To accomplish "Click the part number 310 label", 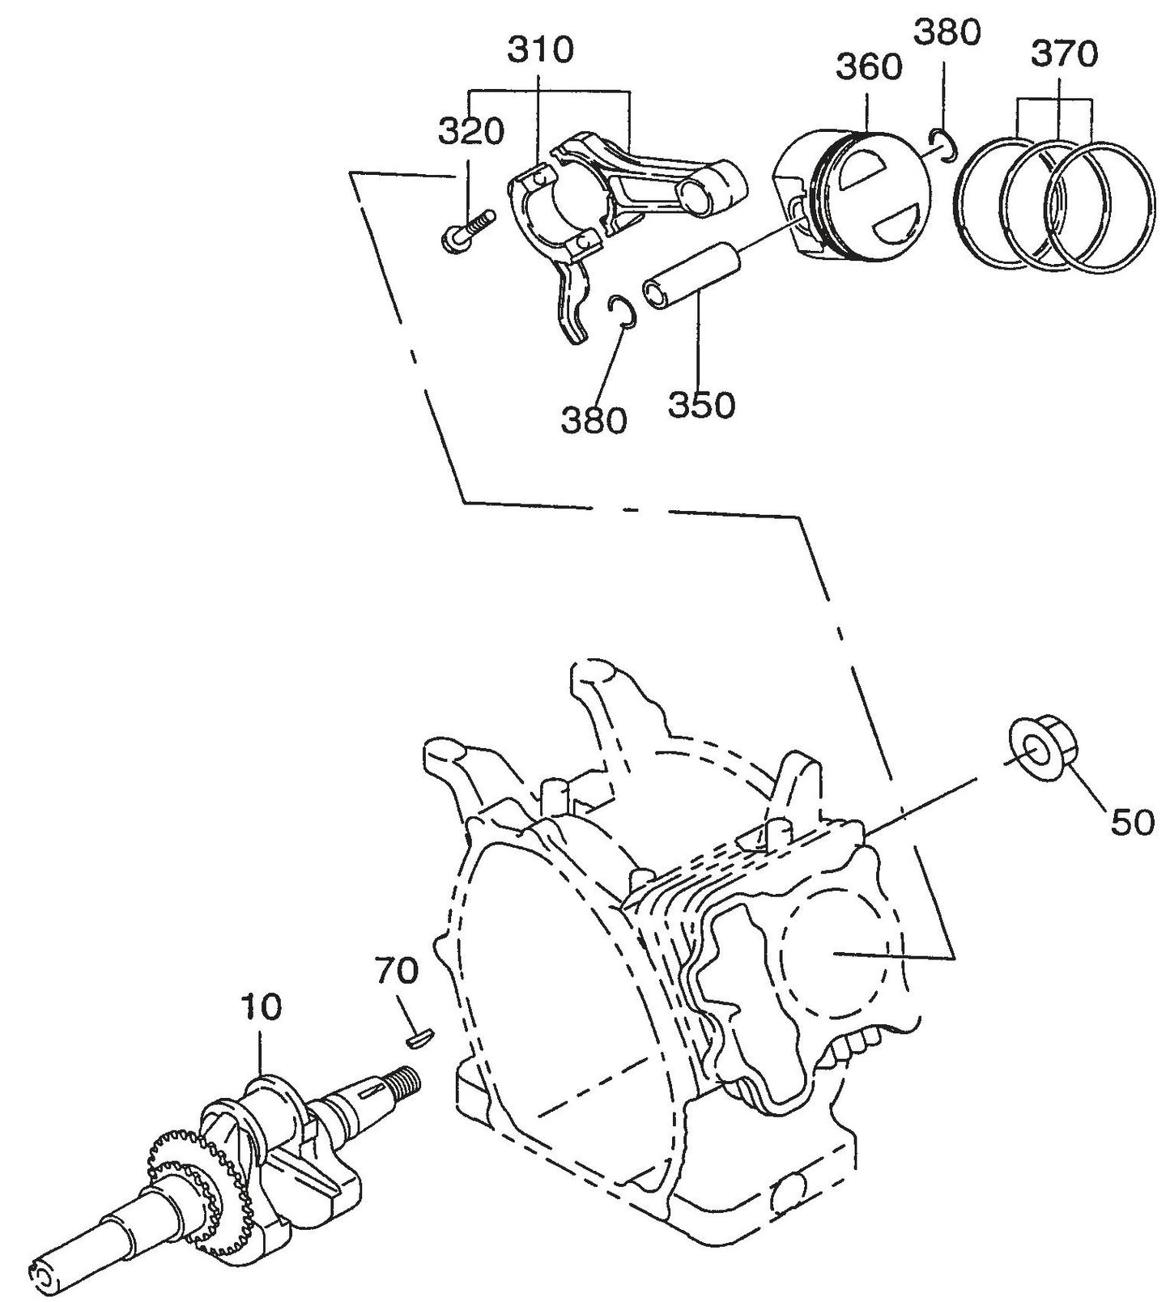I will point(540,50).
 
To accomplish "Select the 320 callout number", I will point(470,131).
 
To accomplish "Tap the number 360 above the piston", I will point(869,67).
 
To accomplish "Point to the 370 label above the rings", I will point(1064,54).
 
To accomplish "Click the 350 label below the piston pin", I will point(701,405).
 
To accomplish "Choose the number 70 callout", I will point(396,970).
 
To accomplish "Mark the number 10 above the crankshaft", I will point(261,1007).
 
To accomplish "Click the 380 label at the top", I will point(947,32).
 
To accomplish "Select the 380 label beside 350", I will point(594,419).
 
